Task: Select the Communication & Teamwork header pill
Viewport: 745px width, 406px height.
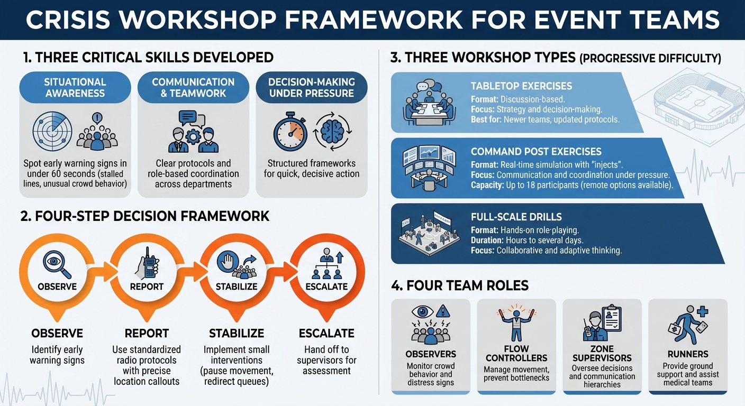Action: [193, 88]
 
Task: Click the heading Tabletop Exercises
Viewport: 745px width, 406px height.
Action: [521, 86]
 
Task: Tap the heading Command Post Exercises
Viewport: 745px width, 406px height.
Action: [536, 152]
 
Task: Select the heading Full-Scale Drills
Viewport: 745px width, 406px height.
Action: [508, 217]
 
